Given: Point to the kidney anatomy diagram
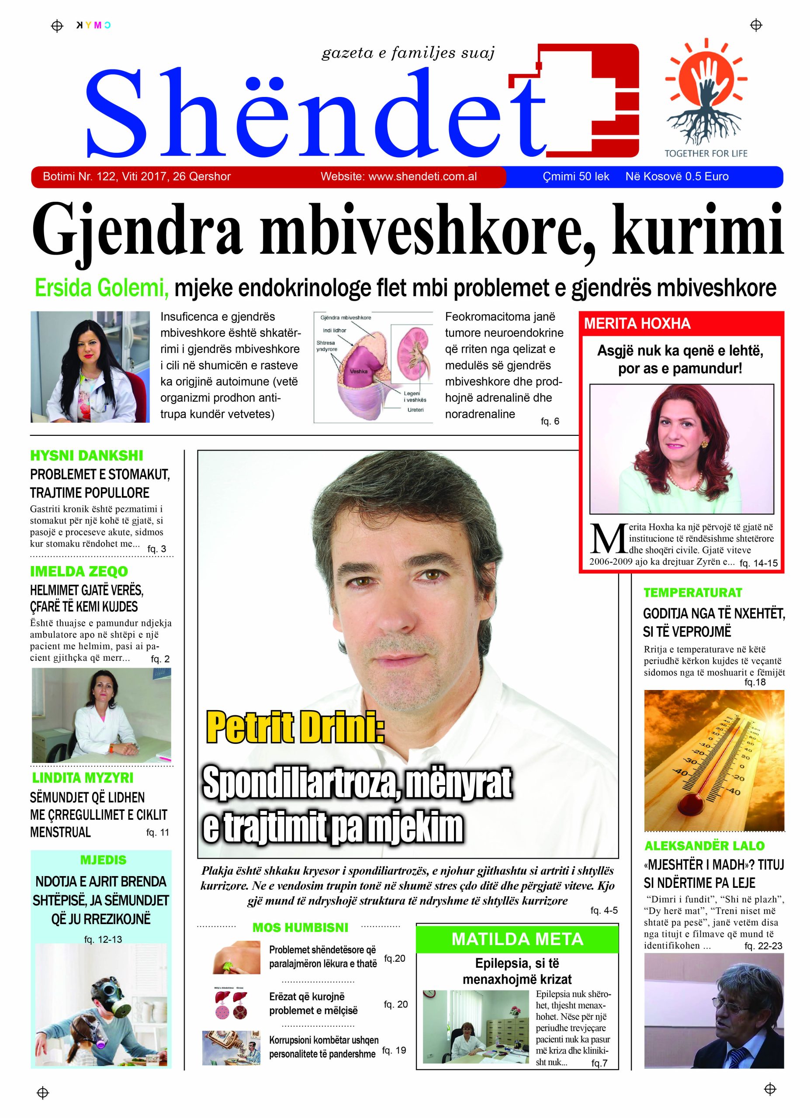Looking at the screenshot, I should pyautogui.click(x=373, y=367).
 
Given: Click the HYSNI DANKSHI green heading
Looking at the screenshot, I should pyautogui.click(x=86, y=455).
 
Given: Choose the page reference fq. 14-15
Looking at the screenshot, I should pyautogui.click(x=758, y=563).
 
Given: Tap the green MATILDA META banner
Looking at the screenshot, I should pyautogui.click(x=517, y=939).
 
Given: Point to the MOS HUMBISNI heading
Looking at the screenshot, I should pyautogui.click(x=300, y=927).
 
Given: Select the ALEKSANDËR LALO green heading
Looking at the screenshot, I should pyautogui.click(x=704, y=845).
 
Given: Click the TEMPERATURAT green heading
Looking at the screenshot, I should pyautogui.click(x=692, y=592).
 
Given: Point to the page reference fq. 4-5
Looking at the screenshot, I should pyautogui.click(x=603, y=911).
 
